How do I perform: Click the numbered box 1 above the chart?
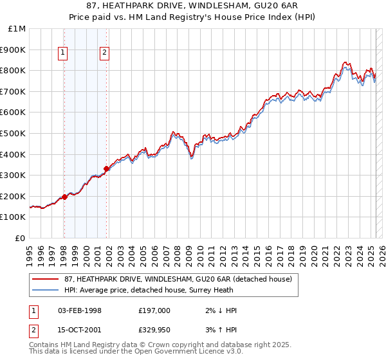(x=64, y=54)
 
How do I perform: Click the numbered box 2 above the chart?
(x=104, y=54)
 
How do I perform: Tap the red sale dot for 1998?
(x=64, y=197)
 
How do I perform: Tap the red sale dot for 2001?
(x=106, y=169)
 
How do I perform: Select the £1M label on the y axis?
(x=17, y=29)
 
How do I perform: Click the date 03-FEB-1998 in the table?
(x=80, y=310)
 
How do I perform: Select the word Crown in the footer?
(x=161, y=345)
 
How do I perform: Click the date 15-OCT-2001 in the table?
(x=80, y=329)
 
